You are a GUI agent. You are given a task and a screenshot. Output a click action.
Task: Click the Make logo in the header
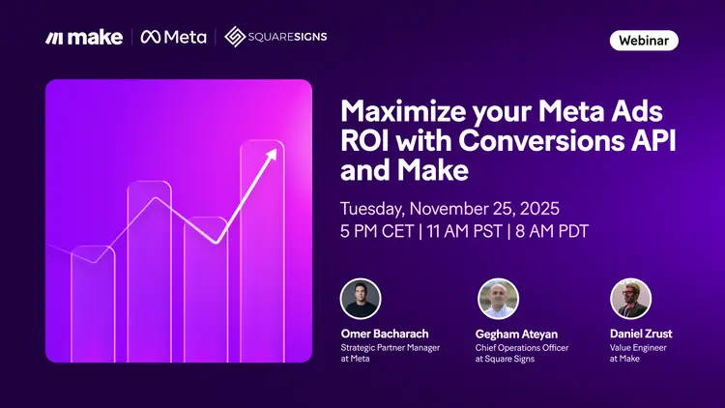(83, 37)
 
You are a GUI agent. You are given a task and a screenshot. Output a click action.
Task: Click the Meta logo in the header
(174, 37)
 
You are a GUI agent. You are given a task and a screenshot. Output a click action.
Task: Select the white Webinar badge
(643, 41)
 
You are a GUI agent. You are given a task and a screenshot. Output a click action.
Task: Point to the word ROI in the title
(366, 139)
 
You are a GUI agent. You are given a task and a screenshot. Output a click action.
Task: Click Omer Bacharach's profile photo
(361, 299)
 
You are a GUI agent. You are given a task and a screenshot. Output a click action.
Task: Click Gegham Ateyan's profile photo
(498, 299)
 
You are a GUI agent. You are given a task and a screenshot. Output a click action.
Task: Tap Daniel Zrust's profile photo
(630, 299)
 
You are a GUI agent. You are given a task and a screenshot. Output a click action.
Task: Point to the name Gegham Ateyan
(518, 334)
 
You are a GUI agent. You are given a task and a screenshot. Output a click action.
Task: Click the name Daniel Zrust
(642, 334)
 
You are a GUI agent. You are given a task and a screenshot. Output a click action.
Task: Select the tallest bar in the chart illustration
(261, 251)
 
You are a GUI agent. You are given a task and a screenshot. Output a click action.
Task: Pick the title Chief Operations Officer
(522, 348)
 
